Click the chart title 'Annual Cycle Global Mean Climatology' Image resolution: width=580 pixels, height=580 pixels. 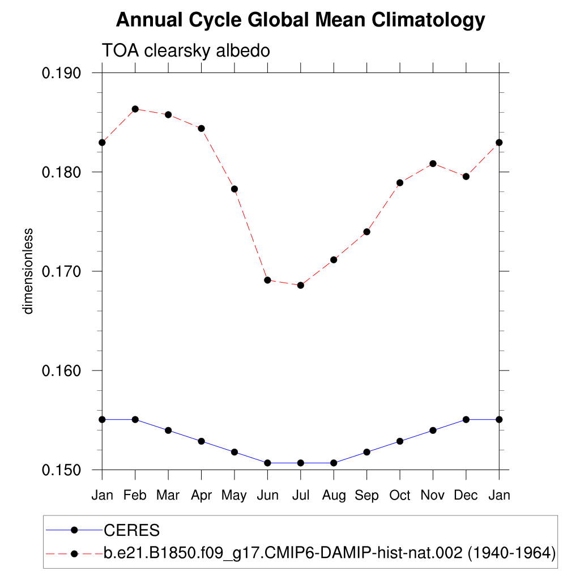tap(300, 20)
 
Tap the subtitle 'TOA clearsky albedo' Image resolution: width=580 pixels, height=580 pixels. tap(185, 50)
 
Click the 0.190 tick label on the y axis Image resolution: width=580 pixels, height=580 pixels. tap(62, 73)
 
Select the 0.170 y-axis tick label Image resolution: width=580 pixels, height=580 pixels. tap(62, 271)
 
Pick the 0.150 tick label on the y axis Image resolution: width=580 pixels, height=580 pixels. tap(62, 470)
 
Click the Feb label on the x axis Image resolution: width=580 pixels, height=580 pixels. tap(135, 496)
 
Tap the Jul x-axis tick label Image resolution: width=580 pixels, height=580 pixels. tap(300, 496)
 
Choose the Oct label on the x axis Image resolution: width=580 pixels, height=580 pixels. tap(400, 496)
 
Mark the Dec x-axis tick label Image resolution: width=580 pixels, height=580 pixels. tap(466, 496)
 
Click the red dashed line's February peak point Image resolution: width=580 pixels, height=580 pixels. tap(135, 109)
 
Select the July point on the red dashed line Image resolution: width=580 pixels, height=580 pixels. tap(301, 285)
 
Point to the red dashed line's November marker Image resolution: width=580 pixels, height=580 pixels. tap(433, 164)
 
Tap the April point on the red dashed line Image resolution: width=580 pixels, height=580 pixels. tap(201, 129)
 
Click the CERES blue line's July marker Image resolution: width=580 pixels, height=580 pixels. tap(301, 463)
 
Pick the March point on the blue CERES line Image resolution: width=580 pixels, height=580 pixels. tap(168, 430)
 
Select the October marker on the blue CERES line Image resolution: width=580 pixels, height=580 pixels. tap(400, 441)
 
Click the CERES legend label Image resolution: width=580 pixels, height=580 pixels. tap(131, 531)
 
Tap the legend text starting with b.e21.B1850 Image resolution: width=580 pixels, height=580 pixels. tap(329, 553)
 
